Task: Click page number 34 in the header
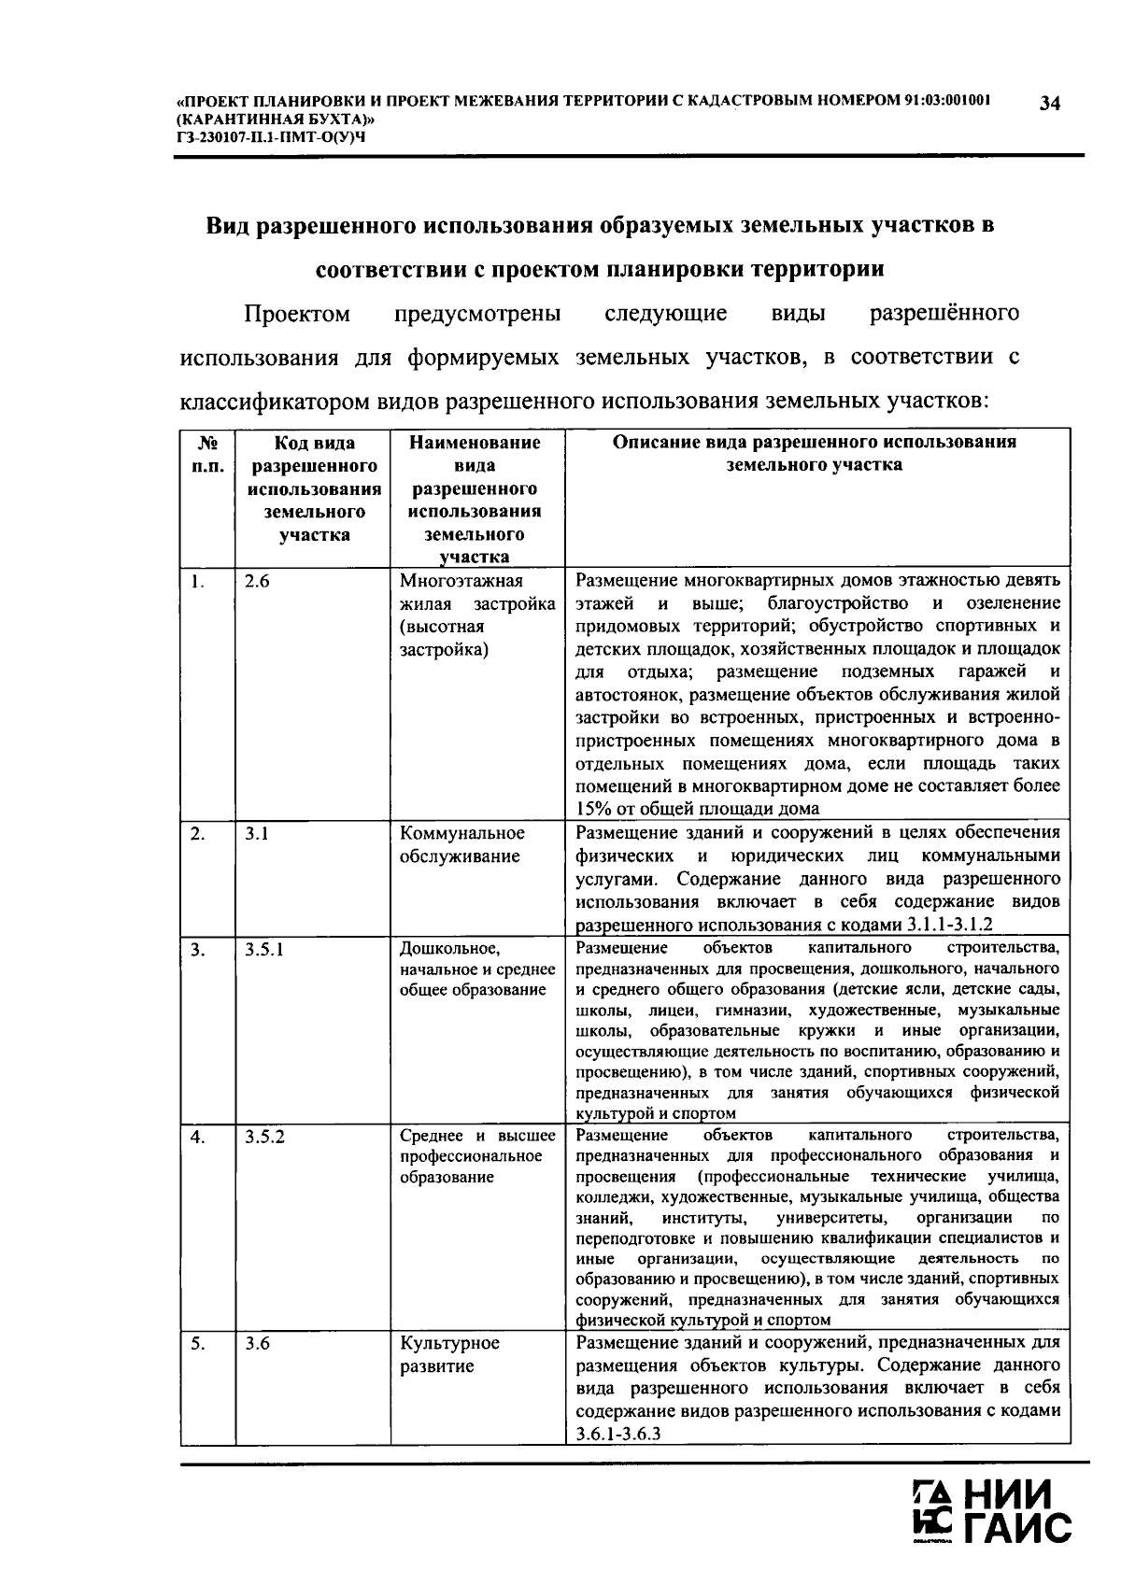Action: [1049, 104]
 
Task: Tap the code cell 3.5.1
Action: [264, 950]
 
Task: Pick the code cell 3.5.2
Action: [264, 1137]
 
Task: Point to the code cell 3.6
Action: [258, 1344]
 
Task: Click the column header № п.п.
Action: [207, 454]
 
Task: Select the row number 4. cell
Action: [198, 1137]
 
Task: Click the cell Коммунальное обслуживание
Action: [461, 845]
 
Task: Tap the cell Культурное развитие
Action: [449, 1355]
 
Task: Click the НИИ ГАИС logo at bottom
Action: [992, 1513]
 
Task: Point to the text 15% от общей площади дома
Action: [697, 809]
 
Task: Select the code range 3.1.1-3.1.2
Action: [949, 925]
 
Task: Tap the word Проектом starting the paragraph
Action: [296, 314]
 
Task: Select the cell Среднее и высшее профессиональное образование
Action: [476, 1156]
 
